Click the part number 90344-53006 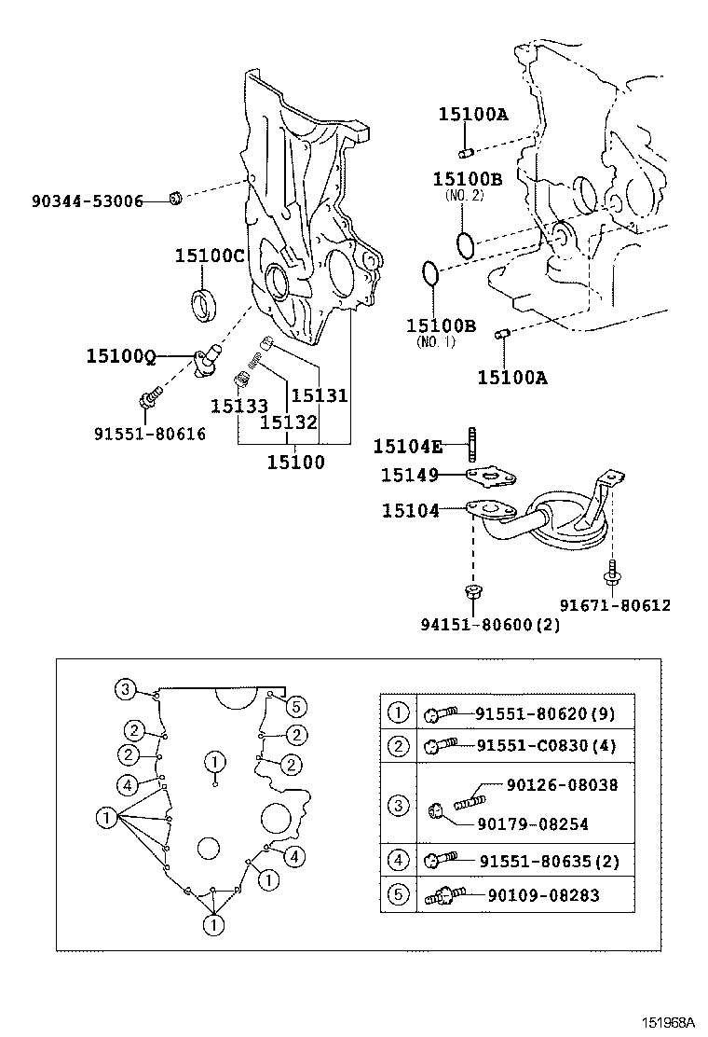click(x=87, y=200)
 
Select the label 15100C click(x=210, y=256)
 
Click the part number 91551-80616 click(x=149, y=434)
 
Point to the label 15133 click(x=238, y=406)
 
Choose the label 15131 click(x=320, y=395)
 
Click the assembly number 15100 click(x=295, y=461)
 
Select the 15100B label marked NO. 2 click(x=467, y=178)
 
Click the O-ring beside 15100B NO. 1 click(x=429, y=274)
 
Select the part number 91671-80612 click(x=615, y=605)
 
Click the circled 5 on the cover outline click(x=295, y=705)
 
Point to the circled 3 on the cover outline click(x=125, y=690)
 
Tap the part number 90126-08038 click(x=562, y=785)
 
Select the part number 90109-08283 click(x=543, y=895)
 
